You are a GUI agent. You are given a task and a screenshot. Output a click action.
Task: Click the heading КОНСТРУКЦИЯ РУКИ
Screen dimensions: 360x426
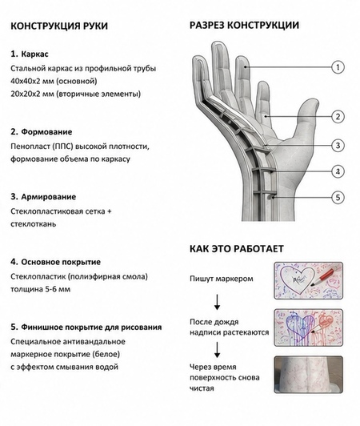click(x=59, y=26)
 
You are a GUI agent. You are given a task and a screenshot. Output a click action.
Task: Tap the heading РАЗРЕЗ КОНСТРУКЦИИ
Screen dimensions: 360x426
click(x=244, y=26)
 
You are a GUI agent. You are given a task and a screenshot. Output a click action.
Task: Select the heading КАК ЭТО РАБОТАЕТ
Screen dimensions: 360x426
click(x=237, y=248)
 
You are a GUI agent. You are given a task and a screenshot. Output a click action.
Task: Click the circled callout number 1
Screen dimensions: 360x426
click(x=338, y=67)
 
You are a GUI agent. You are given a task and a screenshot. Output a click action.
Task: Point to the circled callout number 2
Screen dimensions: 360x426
click(x=338, y=117)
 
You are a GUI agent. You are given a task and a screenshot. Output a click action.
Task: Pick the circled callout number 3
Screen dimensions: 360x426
click(x=338, y=146)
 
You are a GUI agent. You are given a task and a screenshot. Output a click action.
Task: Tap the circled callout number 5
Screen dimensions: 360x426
click(x=338, y=197)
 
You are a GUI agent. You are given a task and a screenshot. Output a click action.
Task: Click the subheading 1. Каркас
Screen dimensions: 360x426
click(x=30, y=54)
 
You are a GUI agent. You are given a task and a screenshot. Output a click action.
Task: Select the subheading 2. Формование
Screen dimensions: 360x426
click(x=42, y=132)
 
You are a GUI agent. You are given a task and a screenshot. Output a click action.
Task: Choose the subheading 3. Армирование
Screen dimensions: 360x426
click(x=43, y=197)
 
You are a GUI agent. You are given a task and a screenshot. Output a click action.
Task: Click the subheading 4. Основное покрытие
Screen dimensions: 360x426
click(x=56, y=262)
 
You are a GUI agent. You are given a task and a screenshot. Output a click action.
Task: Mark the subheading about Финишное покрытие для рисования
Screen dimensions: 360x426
click(x=86, y=327)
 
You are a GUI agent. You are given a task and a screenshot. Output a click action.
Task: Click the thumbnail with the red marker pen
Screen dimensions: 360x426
click(x=309, y=280)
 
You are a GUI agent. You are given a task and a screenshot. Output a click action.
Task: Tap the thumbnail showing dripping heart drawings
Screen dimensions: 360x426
click(x=309, y=328)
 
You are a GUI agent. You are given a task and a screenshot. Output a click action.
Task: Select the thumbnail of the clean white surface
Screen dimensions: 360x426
click(x=309, y=375)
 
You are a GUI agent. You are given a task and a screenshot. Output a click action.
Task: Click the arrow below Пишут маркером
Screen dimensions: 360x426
click(x=217, y=302)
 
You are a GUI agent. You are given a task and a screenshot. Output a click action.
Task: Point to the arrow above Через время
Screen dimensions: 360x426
click(x=217, y=350)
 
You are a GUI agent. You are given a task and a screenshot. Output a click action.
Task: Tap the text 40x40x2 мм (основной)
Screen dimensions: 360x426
click(x=54, y=81)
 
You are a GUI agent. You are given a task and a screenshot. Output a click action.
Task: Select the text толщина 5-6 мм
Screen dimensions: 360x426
click(x=41, y=289)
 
